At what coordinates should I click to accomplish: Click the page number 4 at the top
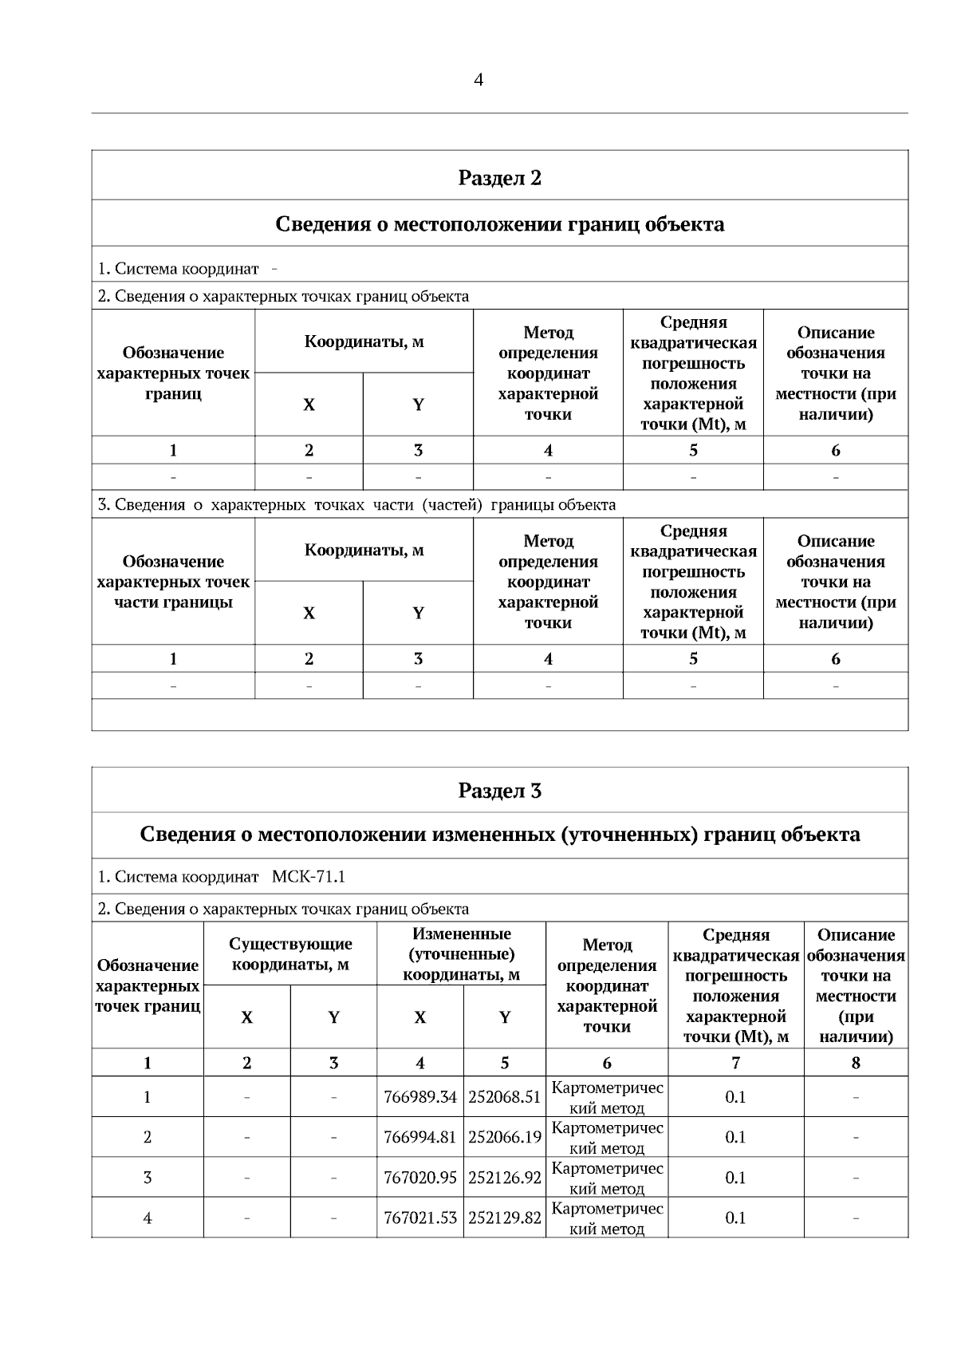[478, 80]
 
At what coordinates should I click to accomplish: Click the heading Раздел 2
[499, 177]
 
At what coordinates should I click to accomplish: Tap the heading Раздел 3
[499, 791]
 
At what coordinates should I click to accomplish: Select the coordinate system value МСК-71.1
[308, 877]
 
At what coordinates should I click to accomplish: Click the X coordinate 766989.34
[420, 1097]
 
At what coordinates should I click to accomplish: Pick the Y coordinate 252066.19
[504, 1137]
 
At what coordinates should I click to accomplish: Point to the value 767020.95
[420, 1178]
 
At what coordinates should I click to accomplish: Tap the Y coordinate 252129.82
[504, 1218]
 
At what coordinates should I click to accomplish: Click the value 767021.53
[420, 1218]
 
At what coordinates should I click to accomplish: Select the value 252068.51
[504, 1097]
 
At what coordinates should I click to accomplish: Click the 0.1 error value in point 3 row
[735, 1178]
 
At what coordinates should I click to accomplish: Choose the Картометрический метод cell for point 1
[607, 1097]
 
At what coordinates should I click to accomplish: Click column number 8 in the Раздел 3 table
[856, 1063]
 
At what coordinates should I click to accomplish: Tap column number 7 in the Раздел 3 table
[735, 1063]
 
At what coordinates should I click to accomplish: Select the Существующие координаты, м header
[290, 954]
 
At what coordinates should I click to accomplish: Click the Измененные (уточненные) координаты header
[461, 954]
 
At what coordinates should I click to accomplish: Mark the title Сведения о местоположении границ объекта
[499, 223]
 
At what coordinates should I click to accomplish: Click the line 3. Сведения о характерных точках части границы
[356, 505]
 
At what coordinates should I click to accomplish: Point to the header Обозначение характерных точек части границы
[173, 582]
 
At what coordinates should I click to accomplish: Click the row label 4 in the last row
[148, 1218]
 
